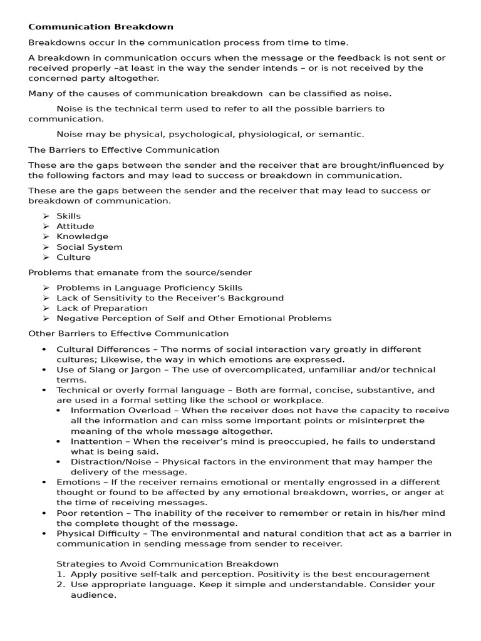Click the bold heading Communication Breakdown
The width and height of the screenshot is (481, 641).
(101, 27)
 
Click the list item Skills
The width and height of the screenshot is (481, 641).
(69, 216)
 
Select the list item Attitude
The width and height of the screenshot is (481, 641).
(75, 226)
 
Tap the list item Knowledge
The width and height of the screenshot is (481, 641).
(82, 237)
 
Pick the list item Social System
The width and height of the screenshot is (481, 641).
(90, 247)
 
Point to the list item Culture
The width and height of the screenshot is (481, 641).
(73, 257)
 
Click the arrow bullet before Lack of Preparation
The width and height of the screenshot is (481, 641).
(46, 308)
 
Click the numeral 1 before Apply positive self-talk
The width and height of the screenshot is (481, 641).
(60, 574)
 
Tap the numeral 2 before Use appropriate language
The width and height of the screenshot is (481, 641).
(60, 585)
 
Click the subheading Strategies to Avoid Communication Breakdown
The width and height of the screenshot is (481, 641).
(167, 564)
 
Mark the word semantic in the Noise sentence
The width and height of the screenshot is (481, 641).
(343, 134)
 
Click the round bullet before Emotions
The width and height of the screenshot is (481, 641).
(44, 483)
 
